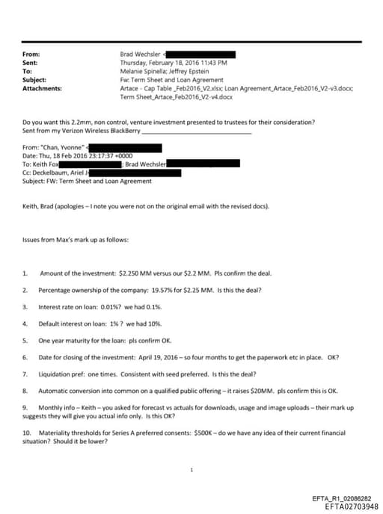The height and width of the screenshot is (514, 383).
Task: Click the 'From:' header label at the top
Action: click(x=31, y=55)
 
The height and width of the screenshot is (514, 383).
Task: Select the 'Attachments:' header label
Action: click(x=42, y=88)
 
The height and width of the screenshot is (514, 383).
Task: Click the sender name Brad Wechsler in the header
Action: click(x=139, y=55)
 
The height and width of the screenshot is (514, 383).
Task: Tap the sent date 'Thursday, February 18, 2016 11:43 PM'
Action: click(x=174, y=63)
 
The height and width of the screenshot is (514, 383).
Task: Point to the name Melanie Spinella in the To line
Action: click(x=141, y=71)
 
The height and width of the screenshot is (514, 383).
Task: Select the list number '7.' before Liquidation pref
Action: click(x=25, y=373)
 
